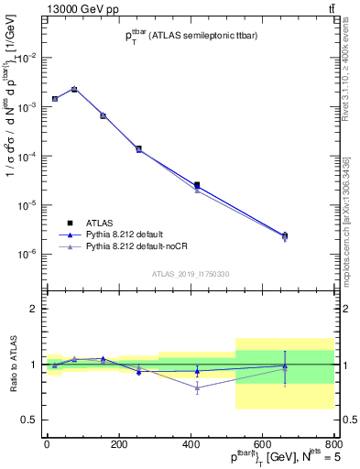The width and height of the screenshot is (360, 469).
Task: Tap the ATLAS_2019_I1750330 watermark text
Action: point(190,274)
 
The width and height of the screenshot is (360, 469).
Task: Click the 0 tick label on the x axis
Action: point(47,444)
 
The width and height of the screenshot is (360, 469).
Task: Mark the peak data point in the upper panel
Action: point(74,89)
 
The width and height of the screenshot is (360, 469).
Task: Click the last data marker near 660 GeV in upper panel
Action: point(285,235)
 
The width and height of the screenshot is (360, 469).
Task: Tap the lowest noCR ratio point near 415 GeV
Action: point(197,387)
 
